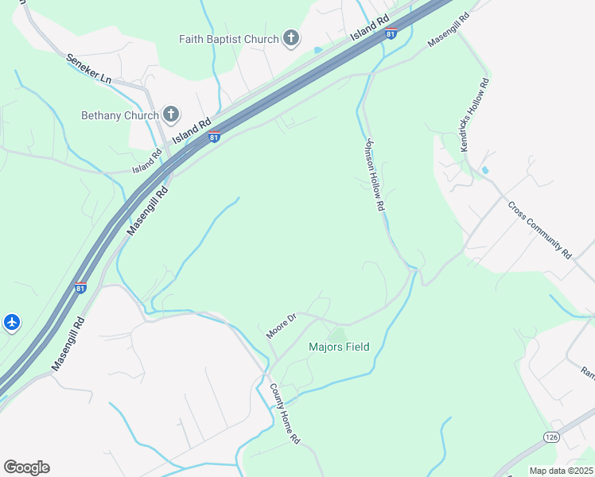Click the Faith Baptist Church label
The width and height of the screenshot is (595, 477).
227,39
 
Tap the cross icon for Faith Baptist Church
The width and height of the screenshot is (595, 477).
291,37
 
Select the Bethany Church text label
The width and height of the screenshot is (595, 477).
120,115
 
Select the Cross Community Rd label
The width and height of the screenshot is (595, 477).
540,230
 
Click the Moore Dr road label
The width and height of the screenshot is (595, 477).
281,326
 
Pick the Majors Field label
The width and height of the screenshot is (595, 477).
339,347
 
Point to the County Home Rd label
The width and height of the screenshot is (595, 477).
284,413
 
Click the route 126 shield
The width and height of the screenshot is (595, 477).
551,437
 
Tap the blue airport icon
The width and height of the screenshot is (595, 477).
12,323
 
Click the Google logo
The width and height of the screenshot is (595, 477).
26,467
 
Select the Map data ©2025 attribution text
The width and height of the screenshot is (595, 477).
561,471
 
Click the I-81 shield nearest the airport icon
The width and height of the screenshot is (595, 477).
80,288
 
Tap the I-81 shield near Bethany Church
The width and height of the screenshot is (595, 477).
214,137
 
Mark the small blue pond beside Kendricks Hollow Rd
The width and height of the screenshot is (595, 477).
484,171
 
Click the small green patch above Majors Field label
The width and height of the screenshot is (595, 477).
338,335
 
